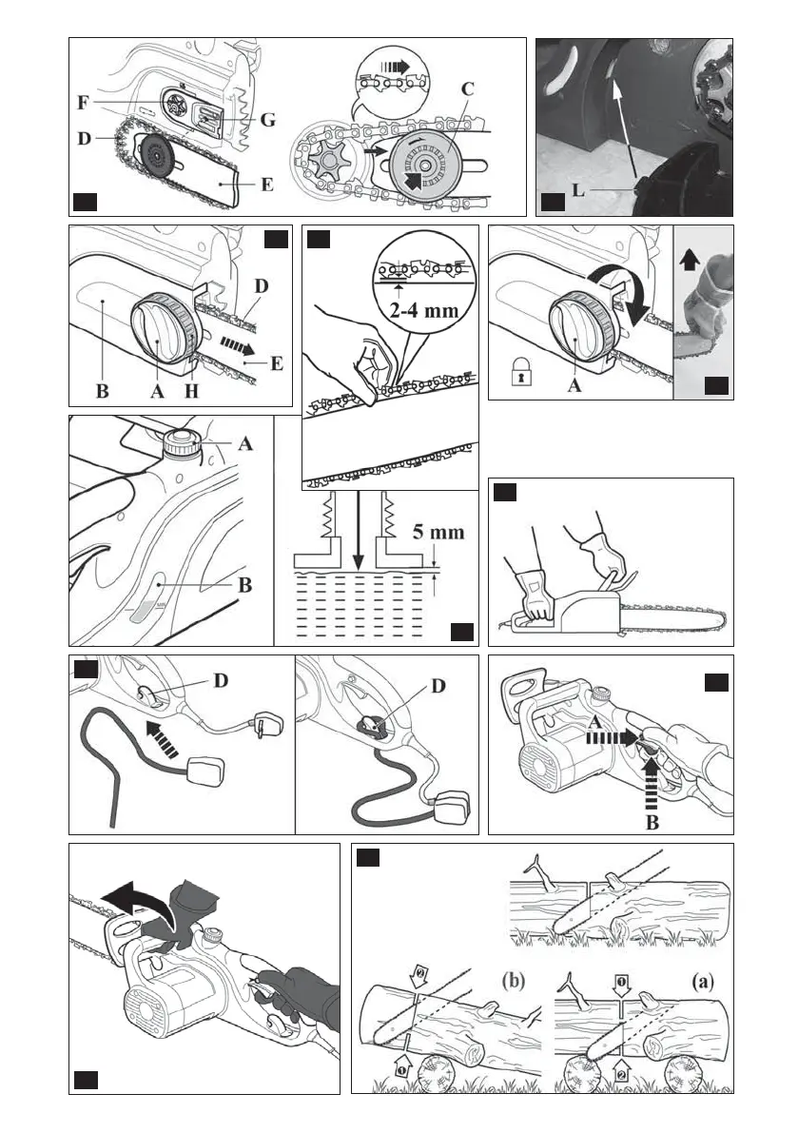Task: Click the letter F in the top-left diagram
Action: [84, 103]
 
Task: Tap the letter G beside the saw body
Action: [268, 120]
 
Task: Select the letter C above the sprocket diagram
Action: [468, 88]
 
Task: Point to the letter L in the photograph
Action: [578, 191]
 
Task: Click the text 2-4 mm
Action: [424, 311]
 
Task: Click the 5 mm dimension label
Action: [438, 533]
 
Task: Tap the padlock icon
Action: [517, 373]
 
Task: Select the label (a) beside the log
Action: [703, 981]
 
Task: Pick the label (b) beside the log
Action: [513, 981]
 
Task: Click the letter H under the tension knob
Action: [191, 391]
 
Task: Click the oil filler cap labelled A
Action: [182, 442]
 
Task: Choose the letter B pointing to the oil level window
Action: [244, 584]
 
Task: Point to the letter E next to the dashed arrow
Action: [276, 362]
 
